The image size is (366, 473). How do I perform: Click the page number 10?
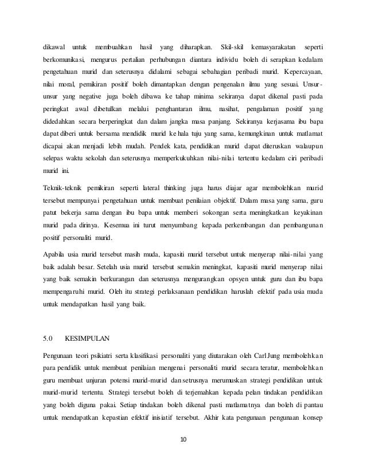pyautogui.click(x=183, y=440)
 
